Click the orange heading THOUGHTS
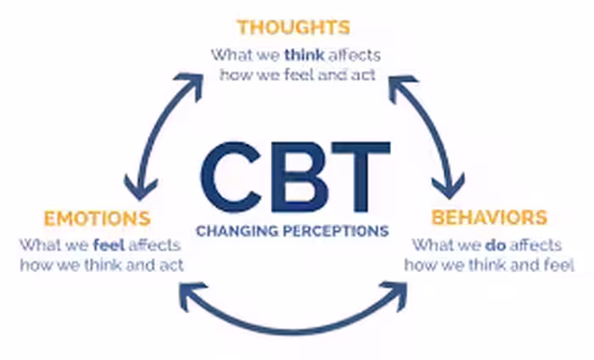(x=294, y=27)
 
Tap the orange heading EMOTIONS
(x=98, y=219)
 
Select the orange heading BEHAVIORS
(x=490, y=217)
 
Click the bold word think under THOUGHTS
(x=304, y=55)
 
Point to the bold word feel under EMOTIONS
(x=109, y=245)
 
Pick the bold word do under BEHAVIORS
(x=496, y=245)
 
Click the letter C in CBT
(x=232, y=177)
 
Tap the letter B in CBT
(x=300, y=177)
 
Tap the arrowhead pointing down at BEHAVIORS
(x=449, y=187)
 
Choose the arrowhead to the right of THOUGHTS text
(x=400, y=86)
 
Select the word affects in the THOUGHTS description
(x=355, y=55)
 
